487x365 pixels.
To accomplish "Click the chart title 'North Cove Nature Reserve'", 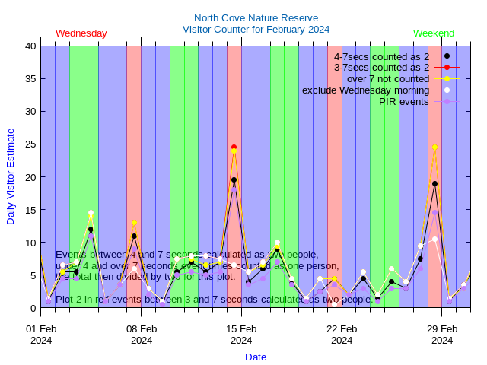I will (256, 17).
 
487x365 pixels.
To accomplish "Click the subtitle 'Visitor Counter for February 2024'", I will (256, 29).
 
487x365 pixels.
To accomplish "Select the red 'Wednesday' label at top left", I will (81, 33).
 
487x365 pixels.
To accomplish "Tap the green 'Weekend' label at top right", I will (434, 33).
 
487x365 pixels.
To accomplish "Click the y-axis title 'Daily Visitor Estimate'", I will (11, 177).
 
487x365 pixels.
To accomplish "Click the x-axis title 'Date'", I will (256, 357).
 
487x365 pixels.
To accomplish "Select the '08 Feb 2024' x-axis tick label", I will (142, 335).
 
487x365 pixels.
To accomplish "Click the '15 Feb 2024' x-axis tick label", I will (241, 335).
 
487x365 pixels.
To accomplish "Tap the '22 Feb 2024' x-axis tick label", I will (342, 335).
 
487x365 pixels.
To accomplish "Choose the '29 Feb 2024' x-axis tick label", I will (442, 335).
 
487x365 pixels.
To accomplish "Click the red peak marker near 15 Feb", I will (234, 148).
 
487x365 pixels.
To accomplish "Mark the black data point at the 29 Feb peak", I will (434, 183).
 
